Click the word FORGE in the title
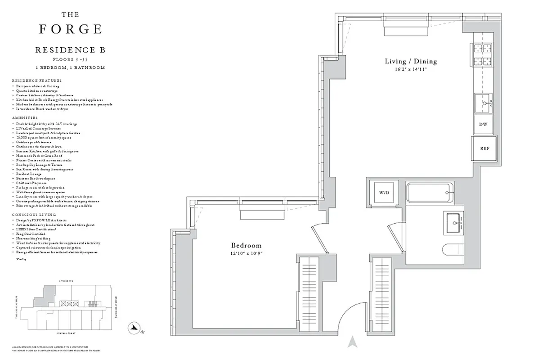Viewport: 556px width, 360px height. (70, 29)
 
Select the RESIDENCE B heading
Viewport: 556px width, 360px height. (70, 50)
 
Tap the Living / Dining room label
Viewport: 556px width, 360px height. (410, 61)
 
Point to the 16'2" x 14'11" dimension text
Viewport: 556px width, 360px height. (410, 69)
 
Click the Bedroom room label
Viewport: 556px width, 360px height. (246, 245)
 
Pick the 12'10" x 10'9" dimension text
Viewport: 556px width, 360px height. (246, 253)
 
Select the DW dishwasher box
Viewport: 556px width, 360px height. (483, 125)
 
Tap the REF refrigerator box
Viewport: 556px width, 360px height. (484, 148)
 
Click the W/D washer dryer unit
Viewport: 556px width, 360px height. (383, 193)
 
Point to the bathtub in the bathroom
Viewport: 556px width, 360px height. (430, 193)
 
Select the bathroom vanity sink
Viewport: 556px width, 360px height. (456, 222)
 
